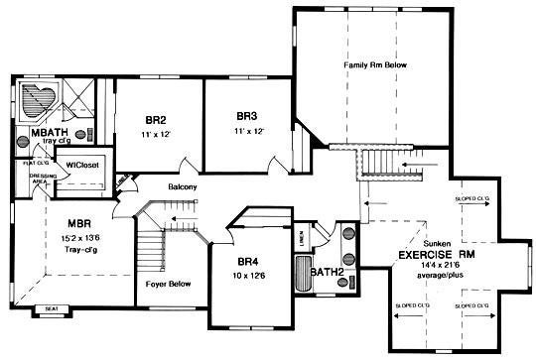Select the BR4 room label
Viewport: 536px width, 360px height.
(x=246, y=262)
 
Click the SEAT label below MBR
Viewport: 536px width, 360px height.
(x=51, y=310)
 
